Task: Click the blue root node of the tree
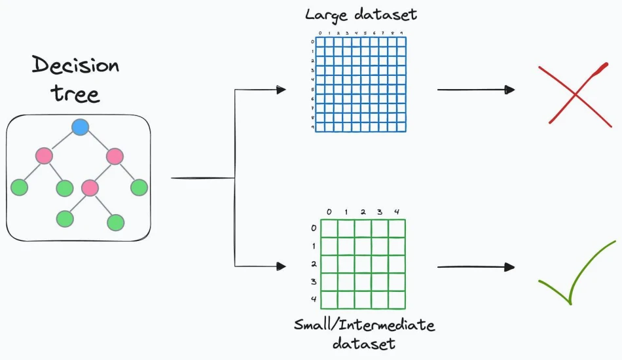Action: pyautogui.click(x=80, y=127)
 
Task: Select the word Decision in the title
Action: pyautogui.click(x=75, y=65)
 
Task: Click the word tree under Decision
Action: pyautogui.click(x=75, y=94)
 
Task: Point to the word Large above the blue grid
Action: pyautogui.click(x=327, y=16)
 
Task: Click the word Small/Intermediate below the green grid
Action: pyautogui.click(x=364, y=325)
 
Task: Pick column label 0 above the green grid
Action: pyautogui.click(x=329, y=212)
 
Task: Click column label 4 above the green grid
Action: pyautogui.click(x=397, y=212)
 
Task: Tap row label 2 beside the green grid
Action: pyautogui.click(x=314, y=264)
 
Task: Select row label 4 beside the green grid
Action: pyautogui.click(x=314, y=299)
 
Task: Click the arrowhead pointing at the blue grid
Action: pyautogui.click(x=282, y=90)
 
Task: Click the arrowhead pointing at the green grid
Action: pyautogui.click(x=282, y=266)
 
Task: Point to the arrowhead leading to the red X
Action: pyautogui.click(x=510, y=90)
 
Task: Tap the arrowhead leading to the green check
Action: pyautogui.click(x=510, y=267)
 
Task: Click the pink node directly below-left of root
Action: pyautogui.click(x=44, y=156)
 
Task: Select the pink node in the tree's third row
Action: pyautogui.click(x=90, y=188)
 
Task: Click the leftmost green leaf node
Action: pyautogui.click(x=19, y=188)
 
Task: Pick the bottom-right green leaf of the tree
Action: pyautogui.click(x=116, y=223)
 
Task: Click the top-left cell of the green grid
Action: pyautogui.click(x=329, y=229)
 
